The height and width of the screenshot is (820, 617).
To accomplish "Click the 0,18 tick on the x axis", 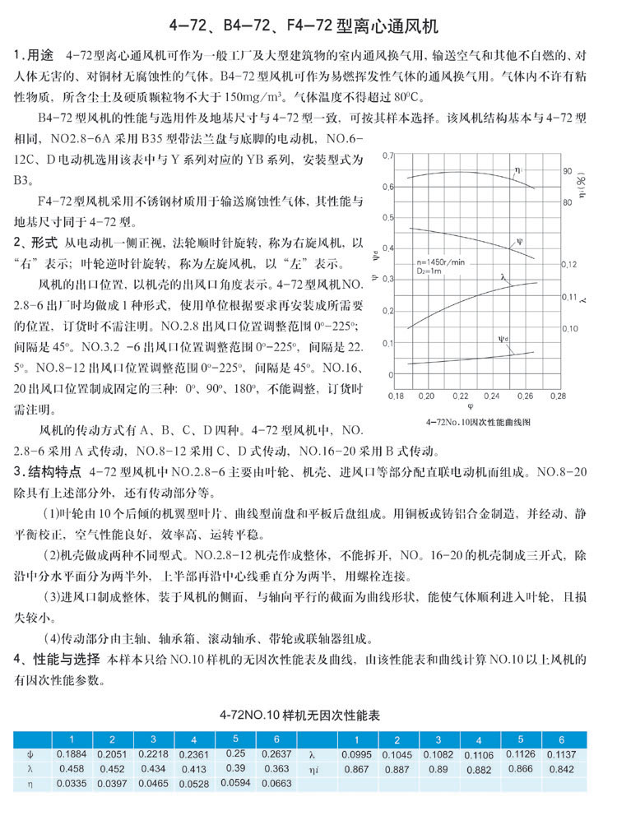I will click(x=393, y=396).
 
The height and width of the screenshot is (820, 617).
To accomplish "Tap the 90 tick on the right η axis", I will click(x=568, y=171).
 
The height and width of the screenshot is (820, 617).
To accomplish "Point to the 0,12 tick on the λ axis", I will click(x=569, y=265).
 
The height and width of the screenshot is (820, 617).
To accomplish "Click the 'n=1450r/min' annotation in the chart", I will click(x=442, y=262).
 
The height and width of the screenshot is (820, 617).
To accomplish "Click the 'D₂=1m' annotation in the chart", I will click(x=431, y=270).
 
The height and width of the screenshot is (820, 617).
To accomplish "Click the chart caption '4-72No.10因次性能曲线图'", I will click(x=478, y=420).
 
